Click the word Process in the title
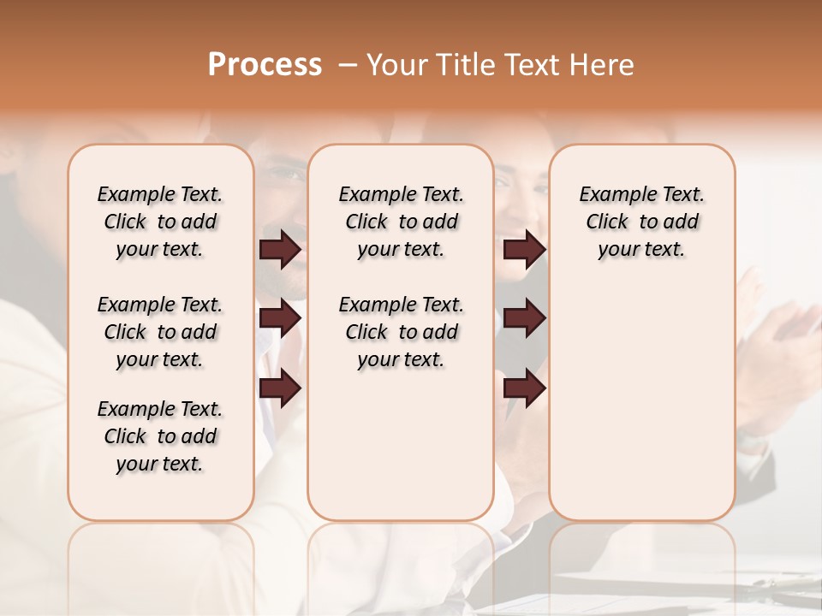click(x=265, y=64)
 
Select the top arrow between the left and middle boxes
click(x=280, y=249)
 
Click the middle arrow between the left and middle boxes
click(x=280, y=318)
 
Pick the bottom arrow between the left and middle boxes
click(x=280, y=388)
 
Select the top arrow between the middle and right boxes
click(x=524, y=249)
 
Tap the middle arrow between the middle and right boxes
click(x=524, y=318)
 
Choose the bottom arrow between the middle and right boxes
click(x=524, y=388)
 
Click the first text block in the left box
click(x=160, y=222)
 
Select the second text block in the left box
click(x=160, y=332)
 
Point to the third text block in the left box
click(x=160, y=436)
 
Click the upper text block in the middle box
click(x=401, y=222)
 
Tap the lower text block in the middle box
click(x=401, y=332)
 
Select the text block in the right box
click(x=641, y=222)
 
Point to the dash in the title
click(x=348, y=64)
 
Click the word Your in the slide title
click(x=398, y=64)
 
